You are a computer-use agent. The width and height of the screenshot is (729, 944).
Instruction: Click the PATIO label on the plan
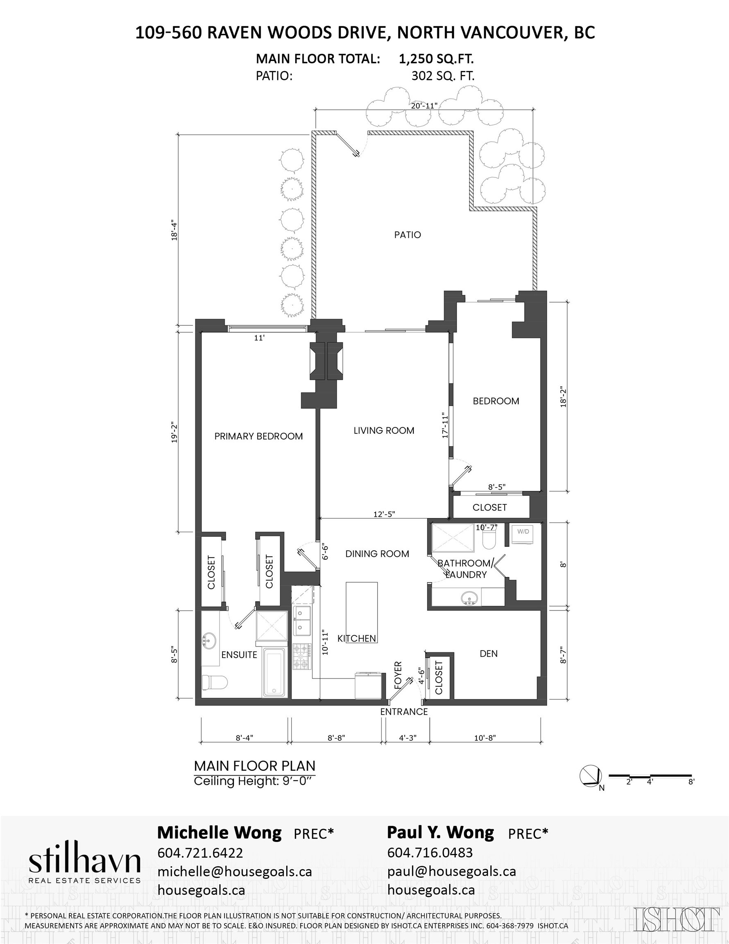(x=408, y=235)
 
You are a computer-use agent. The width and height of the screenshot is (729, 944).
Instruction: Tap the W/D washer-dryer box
(x=523, y=535)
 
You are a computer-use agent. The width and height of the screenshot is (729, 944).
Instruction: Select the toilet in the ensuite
(x=215, y=683)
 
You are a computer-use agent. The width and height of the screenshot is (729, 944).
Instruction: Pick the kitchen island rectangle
(x=362, y=611)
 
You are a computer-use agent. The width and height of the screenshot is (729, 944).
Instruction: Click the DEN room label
(x=489, y=654)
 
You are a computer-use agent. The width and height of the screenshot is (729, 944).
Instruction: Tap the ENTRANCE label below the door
(x=404, y=711)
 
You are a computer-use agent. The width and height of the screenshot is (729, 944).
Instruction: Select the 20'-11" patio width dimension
(x=424, y=105)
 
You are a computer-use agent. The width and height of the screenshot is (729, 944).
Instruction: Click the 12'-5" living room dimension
(x=384, y=514)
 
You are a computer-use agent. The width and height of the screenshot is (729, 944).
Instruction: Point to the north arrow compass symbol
(x=590, y=776)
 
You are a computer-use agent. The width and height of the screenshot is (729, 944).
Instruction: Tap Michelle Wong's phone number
(x=200, y=852)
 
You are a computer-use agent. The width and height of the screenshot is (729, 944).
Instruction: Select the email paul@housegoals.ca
(x=452, y=871)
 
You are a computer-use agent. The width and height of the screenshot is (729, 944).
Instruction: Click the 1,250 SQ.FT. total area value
(x=436, y=59)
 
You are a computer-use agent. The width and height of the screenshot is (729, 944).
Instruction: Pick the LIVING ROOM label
(x=384, y=431)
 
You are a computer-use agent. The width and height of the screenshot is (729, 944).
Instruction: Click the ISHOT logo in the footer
(x=677, y=919)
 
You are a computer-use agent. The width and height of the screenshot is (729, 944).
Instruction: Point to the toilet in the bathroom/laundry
(x=489, y=538)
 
